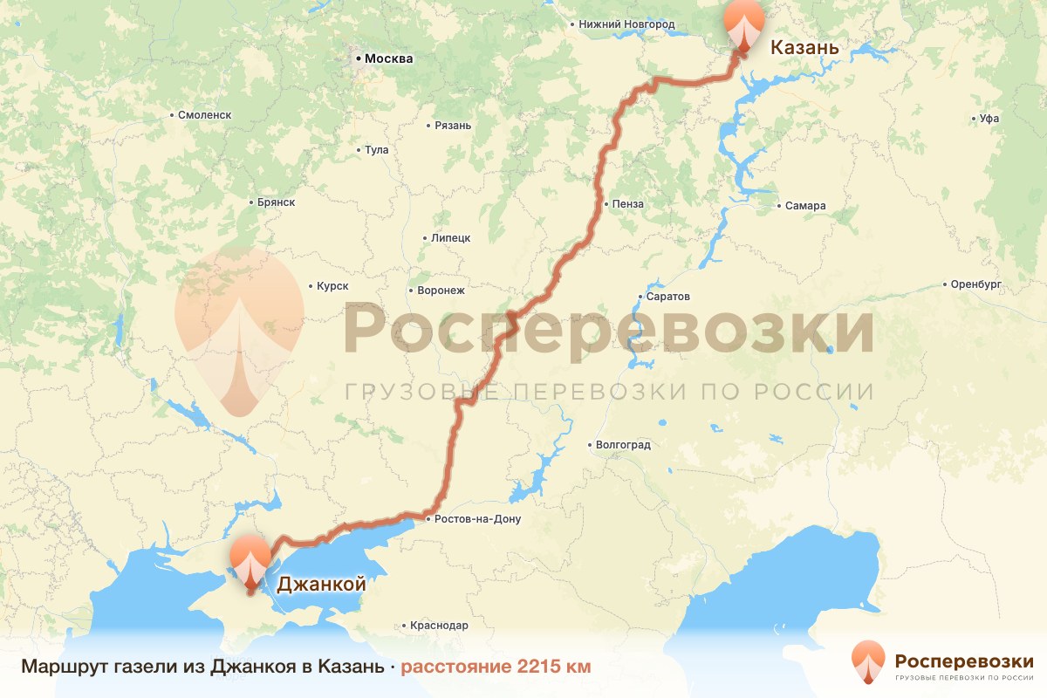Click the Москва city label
[x=388, y=59]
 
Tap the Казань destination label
[x=804, y=48]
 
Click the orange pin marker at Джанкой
[x=250, y=560]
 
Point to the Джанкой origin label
[x=320, y=585]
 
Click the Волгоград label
[x=623, y=445]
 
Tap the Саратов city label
[x=669, y=297]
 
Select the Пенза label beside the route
[x=628, y=204]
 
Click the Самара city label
[x=804, y=206]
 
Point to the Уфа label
[x=989, y=118]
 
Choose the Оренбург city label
[x=975, y=284]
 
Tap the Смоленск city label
[x=203, y=114]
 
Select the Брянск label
[x=277, y=202]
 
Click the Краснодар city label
[x=440, y=626]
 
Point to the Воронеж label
[x=441, y=291]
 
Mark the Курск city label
[x=333, y=286]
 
